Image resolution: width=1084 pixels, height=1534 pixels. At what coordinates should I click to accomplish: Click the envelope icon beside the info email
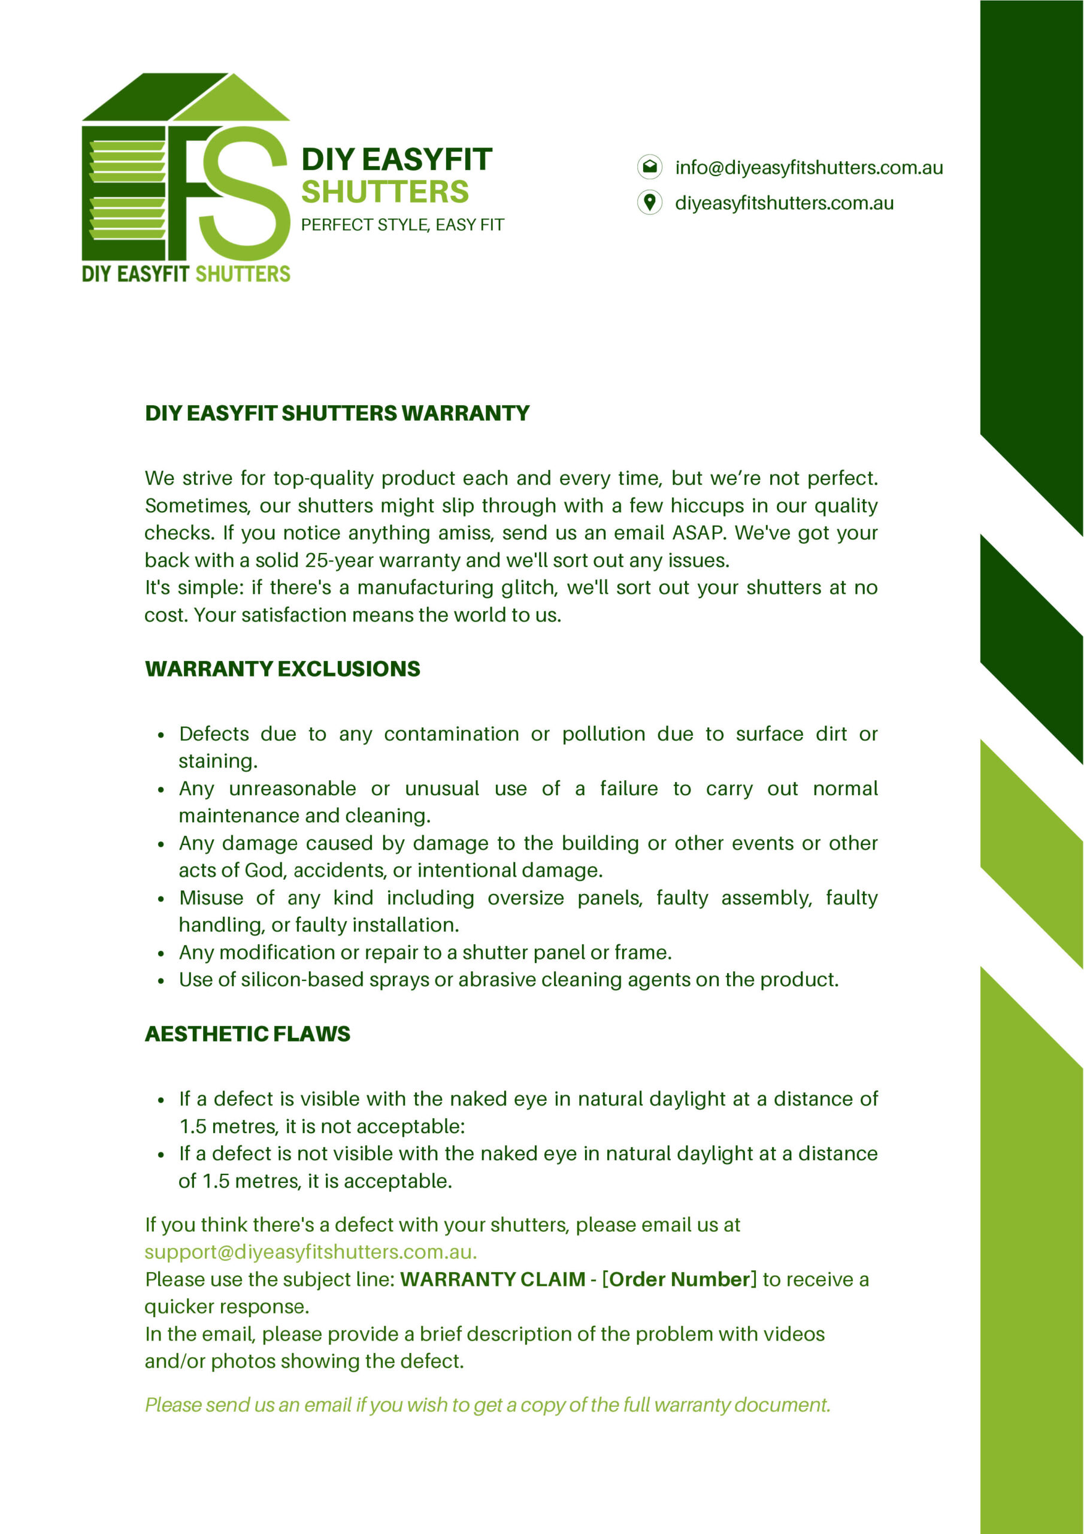coord(649,167)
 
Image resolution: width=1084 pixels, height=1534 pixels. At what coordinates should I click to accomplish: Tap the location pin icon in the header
coord(649,202)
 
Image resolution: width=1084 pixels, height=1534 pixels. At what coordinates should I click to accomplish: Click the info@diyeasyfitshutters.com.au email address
coord(809,167)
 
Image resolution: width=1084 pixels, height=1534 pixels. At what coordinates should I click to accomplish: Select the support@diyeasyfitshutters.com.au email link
coord(311,1251)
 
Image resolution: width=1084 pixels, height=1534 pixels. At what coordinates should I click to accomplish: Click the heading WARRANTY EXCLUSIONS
coord(283,669)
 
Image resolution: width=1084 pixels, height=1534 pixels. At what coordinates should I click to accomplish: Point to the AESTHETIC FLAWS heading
coord(247,1034)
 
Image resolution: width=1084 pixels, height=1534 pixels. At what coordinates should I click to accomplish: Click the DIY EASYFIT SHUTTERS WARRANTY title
coord(337,413)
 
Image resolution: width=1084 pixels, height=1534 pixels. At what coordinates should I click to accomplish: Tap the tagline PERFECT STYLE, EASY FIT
coord(402,225)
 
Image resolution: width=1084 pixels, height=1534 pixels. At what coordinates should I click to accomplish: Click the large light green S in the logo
coord(244,194)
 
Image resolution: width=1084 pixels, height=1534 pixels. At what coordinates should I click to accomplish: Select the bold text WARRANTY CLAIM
coord(493,1279)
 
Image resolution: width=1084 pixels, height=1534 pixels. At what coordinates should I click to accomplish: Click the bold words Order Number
coord(680,1279)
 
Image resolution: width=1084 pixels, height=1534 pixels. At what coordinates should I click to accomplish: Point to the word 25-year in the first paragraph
coord(340,560)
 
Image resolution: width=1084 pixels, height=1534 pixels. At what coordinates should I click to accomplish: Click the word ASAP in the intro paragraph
coord(698,533)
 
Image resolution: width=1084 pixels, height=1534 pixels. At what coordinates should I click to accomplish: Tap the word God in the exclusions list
coord(264,870)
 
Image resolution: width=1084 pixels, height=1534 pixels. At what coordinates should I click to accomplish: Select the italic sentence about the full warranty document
coord(488,1405)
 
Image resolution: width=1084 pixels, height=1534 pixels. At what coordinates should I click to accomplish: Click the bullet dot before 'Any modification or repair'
coord(161,954)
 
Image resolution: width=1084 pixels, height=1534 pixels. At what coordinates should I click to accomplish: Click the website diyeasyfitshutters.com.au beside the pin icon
coord(784,203)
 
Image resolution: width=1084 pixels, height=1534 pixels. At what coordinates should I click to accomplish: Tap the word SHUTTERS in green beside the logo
coord(384,192)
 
